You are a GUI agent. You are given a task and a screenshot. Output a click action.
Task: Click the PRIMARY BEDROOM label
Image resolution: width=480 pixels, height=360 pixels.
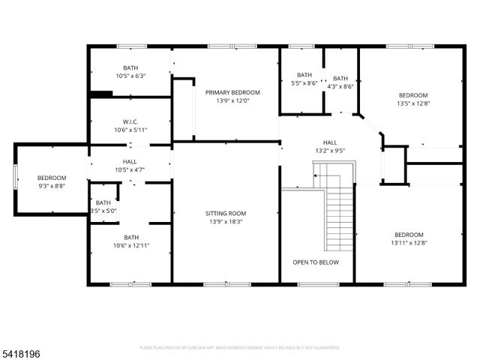(232, 92)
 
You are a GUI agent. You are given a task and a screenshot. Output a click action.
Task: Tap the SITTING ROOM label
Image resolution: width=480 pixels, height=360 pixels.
(224, 213)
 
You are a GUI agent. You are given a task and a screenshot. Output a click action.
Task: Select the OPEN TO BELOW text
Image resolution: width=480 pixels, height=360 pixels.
(316, 262)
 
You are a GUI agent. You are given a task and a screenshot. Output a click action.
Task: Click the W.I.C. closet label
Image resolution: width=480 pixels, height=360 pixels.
(130, 121)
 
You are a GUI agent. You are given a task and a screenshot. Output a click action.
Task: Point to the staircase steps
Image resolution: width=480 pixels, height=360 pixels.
(340, 217)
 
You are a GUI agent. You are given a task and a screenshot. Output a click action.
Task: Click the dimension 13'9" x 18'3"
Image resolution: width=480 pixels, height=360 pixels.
(224, 221)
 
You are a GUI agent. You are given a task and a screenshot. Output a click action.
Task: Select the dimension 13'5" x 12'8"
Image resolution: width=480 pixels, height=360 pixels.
(412, 103)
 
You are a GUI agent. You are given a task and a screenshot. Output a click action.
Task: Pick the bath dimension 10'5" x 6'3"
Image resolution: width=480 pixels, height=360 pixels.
(130, 76)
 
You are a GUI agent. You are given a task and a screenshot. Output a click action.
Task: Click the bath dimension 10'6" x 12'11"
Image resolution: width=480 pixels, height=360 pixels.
(131, 245)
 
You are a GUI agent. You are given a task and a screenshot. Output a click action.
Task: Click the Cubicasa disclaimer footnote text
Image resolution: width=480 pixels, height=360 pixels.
(240, 348)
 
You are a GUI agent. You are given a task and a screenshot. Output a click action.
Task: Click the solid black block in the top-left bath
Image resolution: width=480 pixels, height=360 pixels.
(100, 94)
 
